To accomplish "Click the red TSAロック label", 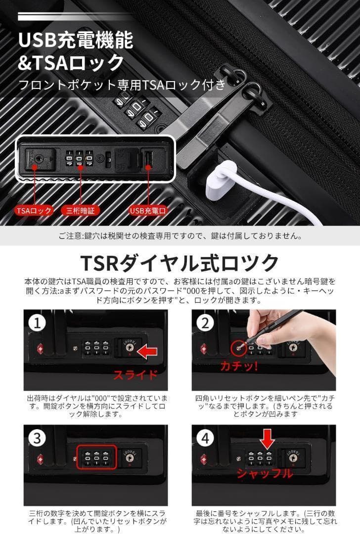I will [x=34, y=210].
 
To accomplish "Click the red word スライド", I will [x=135, y=374].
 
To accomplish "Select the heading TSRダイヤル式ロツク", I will [x=180, y=262].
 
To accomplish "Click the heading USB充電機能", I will [x=76, y=41].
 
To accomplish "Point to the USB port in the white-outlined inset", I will [x=148, y=160].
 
